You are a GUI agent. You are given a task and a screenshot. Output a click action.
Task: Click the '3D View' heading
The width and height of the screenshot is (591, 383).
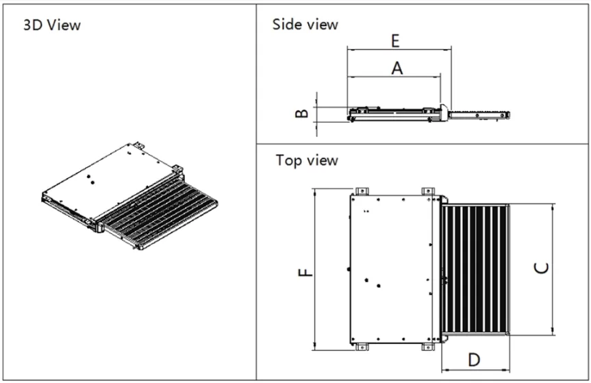coord(51,25)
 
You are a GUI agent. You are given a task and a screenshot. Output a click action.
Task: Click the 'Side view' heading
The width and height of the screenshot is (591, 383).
coord(305,24)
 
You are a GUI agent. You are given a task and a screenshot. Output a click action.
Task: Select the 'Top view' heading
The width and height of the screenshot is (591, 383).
coord(306,160)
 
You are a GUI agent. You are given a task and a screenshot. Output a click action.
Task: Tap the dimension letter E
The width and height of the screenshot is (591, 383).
coord(395,40)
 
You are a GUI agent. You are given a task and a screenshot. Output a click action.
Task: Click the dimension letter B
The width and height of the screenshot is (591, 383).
coord(301,110)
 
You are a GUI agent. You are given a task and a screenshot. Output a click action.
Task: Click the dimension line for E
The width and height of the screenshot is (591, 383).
coord(399,49)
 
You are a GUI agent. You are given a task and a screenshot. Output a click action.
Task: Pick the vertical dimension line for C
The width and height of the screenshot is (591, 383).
coord(552,269)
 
